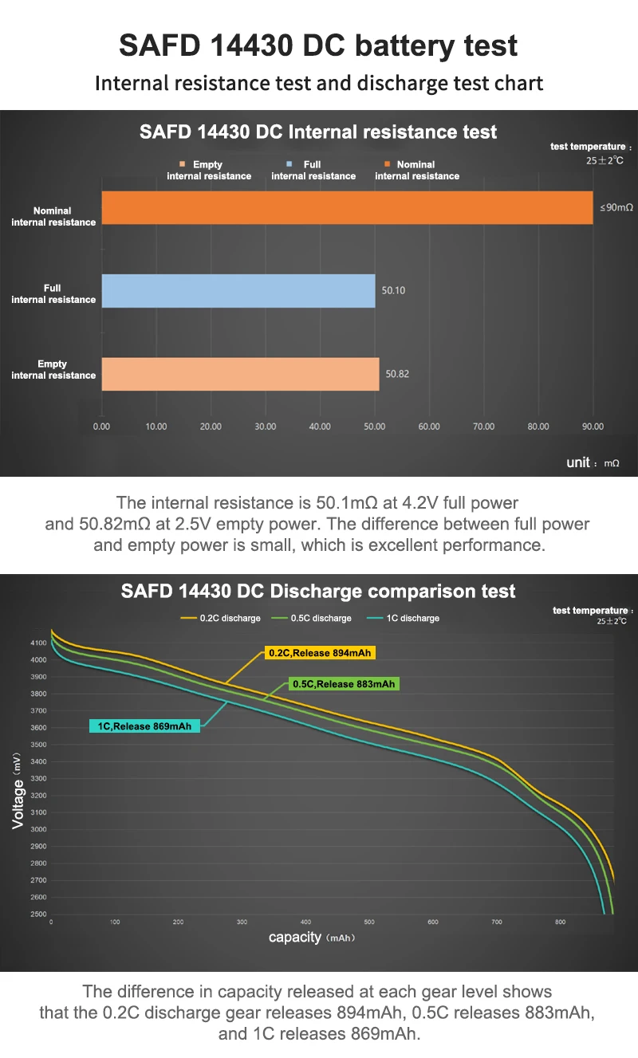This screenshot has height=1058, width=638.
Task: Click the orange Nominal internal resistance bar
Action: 348,207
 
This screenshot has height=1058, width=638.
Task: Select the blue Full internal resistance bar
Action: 238,291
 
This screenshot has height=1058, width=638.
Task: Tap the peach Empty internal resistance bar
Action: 241,374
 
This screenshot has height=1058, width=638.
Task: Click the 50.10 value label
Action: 393,290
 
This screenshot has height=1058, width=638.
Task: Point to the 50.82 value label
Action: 397,374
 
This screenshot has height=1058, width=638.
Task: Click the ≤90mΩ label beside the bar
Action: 616,207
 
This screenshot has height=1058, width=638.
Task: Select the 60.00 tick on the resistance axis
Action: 429,427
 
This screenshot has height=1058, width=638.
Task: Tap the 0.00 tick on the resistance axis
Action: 101,427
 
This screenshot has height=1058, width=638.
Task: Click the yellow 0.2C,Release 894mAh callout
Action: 320,653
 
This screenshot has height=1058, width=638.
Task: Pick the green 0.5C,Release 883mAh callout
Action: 344,684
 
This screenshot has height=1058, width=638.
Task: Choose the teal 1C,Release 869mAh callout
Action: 144,726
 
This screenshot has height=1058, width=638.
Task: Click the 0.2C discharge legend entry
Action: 221,618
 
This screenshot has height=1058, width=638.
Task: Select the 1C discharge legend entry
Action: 403,618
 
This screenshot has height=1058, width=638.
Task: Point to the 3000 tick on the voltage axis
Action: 39,829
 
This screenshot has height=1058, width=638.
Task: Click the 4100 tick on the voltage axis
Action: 39,643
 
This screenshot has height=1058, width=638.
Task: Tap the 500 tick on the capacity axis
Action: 369,922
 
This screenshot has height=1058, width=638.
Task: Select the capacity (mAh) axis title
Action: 312,937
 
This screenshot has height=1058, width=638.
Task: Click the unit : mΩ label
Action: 593,462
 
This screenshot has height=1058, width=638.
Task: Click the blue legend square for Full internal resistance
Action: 289,164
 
